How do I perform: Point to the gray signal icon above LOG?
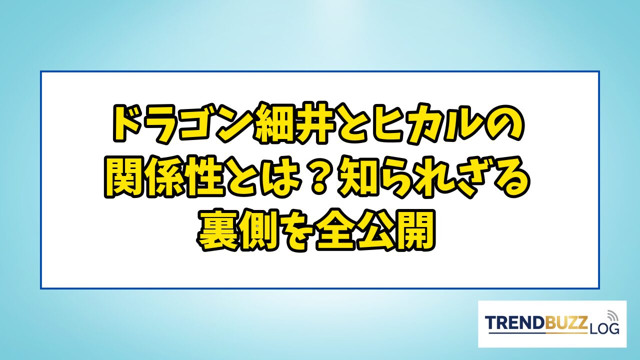point(611,315)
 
